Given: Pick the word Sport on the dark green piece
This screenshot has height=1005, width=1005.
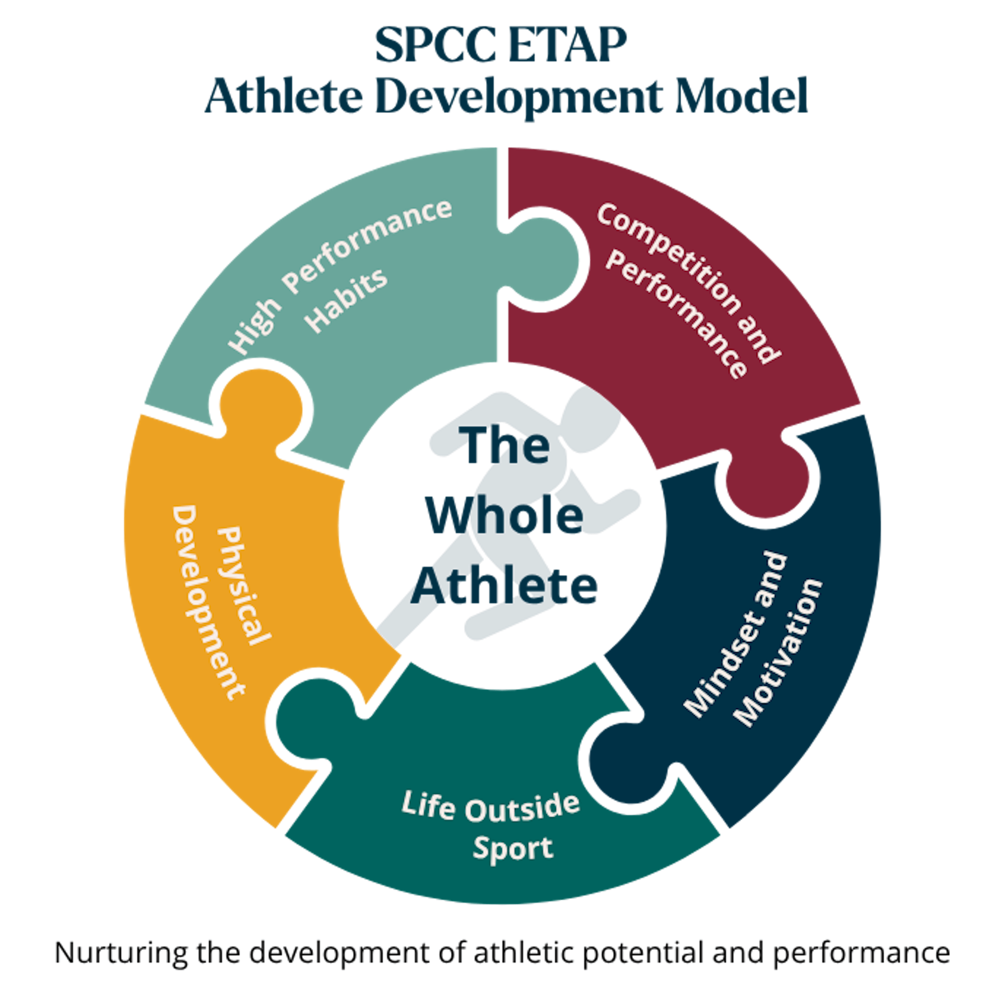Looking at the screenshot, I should coord(512,850).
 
